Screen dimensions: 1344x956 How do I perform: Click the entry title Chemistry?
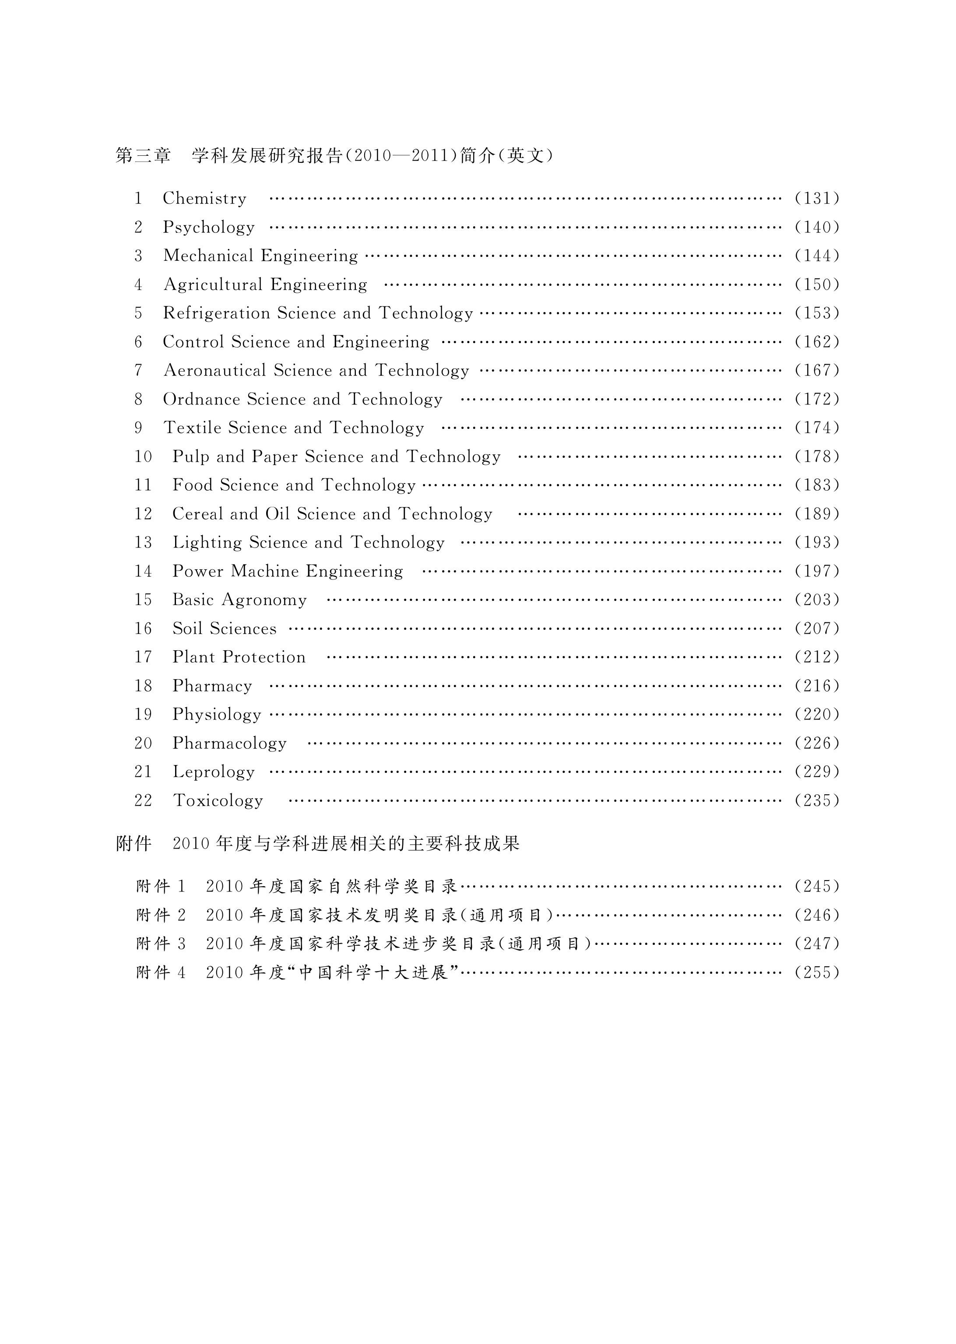point(204,199)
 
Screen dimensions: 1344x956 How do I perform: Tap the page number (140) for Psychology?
point(816,227)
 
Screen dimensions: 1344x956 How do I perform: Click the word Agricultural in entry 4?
point(212,285)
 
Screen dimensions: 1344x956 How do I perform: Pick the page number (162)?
point(816,342)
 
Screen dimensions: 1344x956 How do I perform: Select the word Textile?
point(192,428)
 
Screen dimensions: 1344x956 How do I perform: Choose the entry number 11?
point(143,485)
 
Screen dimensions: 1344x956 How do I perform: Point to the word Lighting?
point(207,543)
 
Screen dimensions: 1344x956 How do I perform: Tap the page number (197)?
point(816,572)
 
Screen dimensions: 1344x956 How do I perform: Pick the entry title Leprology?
point(213,772)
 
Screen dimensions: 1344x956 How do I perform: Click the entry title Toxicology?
point(218,801)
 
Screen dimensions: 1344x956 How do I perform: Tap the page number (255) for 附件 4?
point(816,973)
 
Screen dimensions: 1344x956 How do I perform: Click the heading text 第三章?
point(143,155)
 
